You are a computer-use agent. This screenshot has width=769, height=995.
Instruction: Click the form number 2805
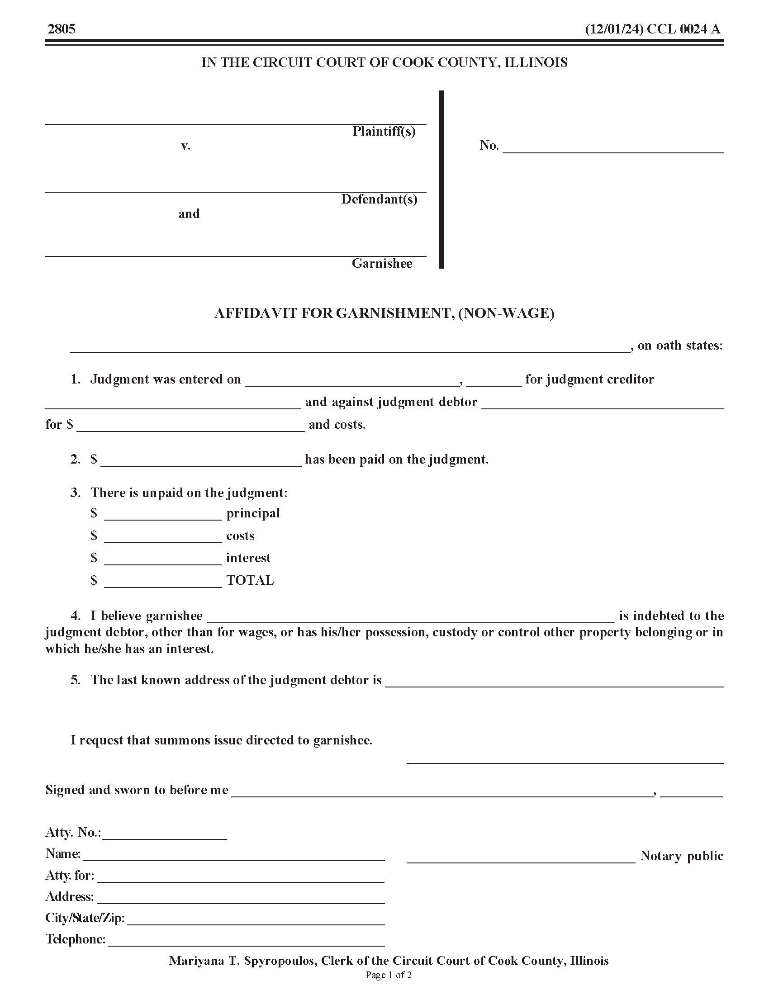pyautogui.click(x=62, y=29)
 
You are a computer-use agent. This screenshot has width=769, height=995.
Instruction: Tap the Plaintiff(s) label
pyautogui.click(x=384, y=132)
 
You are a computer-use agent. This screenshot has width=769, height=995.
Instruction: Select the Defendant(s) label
pyautogui.click(x=379, y=199)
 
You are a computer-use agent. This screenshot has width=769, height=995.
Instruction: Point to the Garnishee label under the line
pyautogui.click(x=382, y=263)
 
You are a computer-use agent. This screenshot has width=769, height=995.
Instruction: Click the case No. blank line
pyautogui.click(x=613, y=150)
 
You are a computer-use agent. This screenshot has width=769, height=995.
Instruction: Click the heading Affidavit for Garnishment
pyautogui.click(x=384, y=313)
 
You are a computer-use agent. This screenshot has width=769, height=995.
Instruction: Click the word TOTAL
pyautogui.click(x=250, y=580)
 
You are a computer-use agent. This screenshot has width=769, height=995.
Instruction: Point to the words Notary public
pyautogui.click(x=682, y=856)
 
